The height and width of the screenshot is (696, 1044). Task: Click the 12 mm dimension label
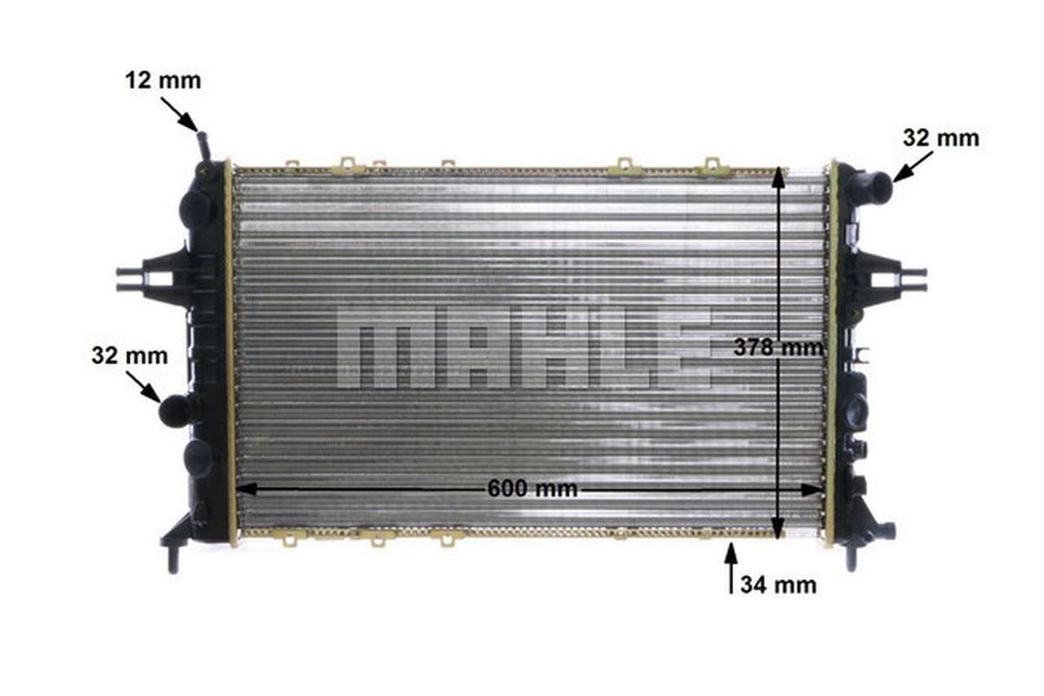pyautogui.click(x=163, y=81)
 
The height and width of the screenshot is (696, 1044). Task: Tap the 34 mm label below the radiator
pyautogui.click(x=778, y=585)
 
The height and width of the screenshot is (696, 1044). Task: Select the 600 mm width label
pyautogui.click(x=533, y=489)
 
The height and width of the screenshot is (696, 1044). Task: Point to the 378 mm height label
pyautogui.click(x=778, y=347)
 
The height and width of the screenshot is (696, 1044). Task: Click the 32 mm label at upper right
pyautogui.click(x=941, y=139)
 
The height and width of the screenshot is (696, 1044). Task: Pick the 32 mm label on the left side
pyautogui.click(x=130, y=356)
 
